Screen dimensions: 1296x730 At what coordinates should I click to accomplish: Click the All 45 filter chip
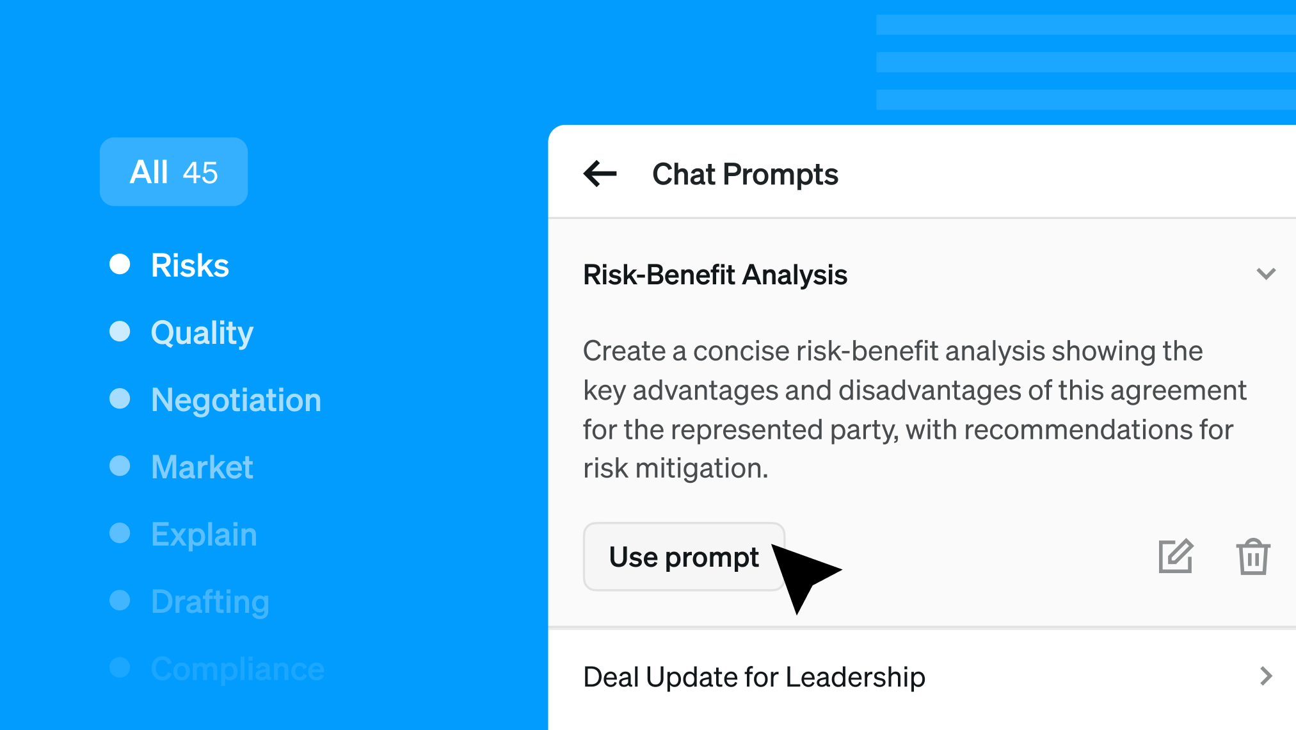pos(173,172)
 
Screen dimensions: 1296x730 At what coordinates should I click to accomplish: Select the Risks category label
pos(190,265)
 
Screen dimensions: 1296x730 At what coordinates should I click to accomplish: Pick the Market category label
pos(202,467)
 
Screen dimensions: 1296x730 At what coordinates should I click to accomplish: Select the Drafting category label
pos(210,602)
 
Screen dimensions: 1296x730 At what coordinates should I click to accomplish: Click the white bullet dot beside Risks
pos(120,264)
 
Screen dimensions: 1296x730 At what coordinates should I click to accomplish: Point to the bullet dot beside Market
pos(120,466)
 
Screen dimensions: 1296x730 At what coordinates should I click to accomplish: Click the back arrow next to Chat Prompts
pos(600,174)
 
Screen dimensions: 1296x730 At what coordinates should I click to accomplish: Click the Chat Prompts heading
pos(745,174)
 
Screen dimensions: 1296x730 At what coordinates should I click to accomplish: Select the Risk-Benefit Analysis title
pos(715,275)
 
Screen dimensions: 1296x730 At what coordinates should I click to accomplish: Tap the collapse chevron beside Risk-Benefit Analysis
pos(1266,274)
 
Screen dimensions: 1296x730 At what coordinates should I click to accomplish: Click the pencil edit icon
pos(1176,556)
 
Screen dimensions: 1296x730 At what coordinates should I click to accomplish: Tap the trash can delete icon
pos(1252,556)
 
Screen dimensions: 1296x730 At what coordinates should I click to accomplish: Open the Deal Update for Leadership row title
pos(754,677)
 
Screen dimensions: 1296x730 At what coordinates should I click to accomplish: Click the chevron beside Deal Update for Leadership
pos(1266,676)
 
